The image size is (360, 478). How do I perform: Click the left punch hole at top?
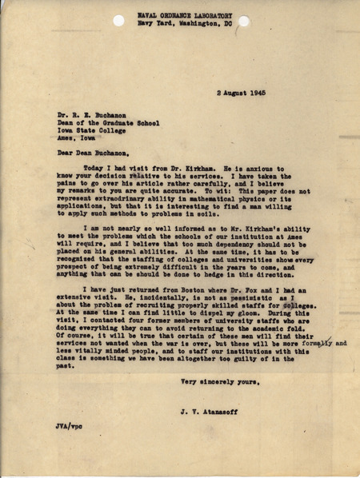coord(119,21)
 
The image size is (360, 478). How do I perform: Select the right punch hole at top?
coord(243,21)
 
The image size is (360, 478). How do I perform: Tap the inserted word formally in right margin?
coord(322,343)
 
